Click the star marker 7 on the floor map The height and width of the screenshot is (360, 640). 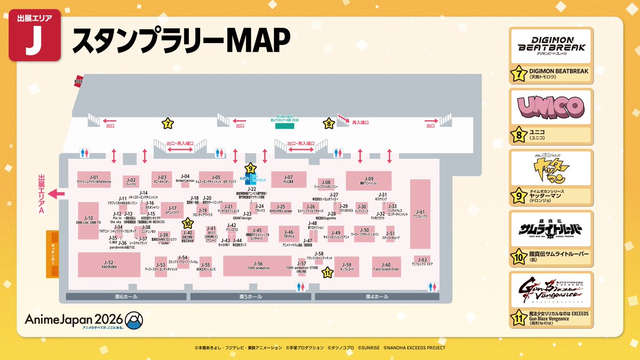click(x=167, y=124)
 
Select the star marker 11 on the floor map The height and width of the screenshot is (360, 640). click(x=327, y=273)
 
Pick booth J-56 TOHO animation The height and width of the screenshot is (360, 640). click(x=258, y=266)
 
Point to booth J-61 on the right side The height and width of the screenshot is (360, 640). click(x=420, y=212)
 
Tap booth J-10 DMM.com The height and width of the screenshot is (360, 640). click(x=89, y=220)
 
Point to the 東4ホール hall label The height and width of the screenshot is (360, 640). click(x=377, y=296)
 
